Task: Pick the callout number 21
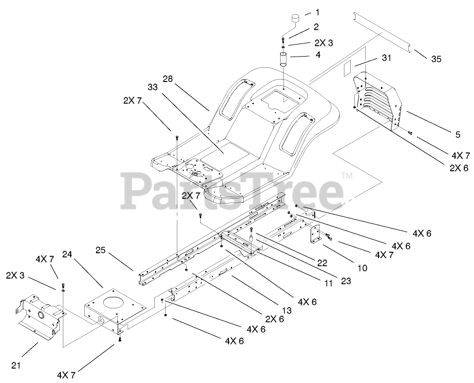(16, 364)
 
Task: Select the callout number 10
(362, 267)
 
